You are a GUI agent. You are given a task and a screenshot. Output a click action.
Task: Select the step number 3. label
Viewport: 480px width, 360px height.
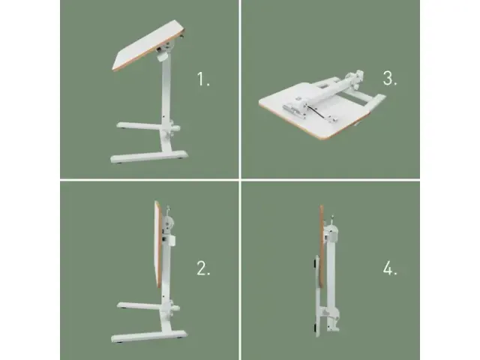point(389,77)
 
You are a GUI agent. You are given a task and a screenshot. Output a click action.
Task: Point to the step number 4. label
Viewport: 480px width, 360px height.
point(389,269)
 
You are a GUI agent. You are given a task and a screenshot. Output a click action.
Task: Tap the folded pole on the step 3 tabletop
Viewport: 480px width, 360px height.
point(330,90)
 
